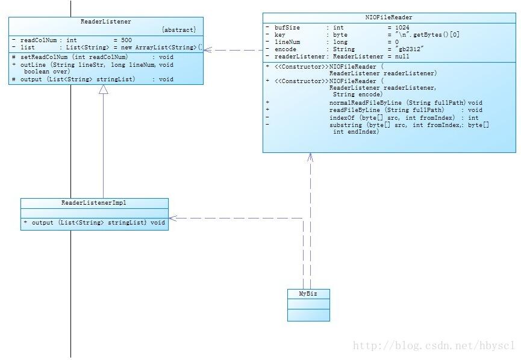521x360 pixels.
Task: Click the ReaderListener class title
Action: pos(105,22)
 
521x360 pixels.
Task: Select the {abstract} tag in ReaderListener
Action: pos(179,30)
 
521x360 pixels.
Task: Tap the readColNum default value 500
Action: pos(126,40)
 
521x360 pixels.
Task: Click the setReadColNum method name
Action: pos(44,57)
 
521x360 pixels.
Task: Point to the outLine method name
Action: pos(33,65)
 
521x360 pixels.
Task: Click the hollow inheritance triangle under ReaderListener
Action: pos(104,89)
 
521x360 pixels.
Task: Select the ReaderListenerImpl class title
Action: pos(94,203)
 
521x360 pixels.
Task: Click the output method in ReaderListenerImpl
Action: pos(42,223)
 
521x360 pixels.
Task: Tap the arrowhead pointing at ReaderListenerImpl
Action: pos(173,218)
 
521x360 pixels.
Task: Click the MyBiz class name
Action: pos(308,294)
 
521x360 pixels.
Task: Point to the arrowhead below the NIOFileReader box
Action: pos(310,157)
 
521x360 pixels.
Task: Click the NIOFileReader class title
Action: pos(388,17)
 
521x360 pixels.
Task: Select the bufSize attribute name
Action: pos(287,28)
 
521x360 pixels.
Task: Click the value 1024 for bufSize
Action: pos(402,28)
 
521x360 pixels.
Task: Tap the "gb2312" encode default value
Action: pos(410,49)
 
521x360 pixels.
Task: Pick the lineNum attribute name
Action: pos(287,42)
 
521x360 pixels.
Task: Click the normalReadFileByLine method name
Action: pos(366,102)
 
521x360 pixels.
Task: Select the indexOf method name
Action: pos(342,117)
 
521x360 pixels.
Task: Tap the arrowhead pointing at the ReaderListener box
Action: pos(207,50)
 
